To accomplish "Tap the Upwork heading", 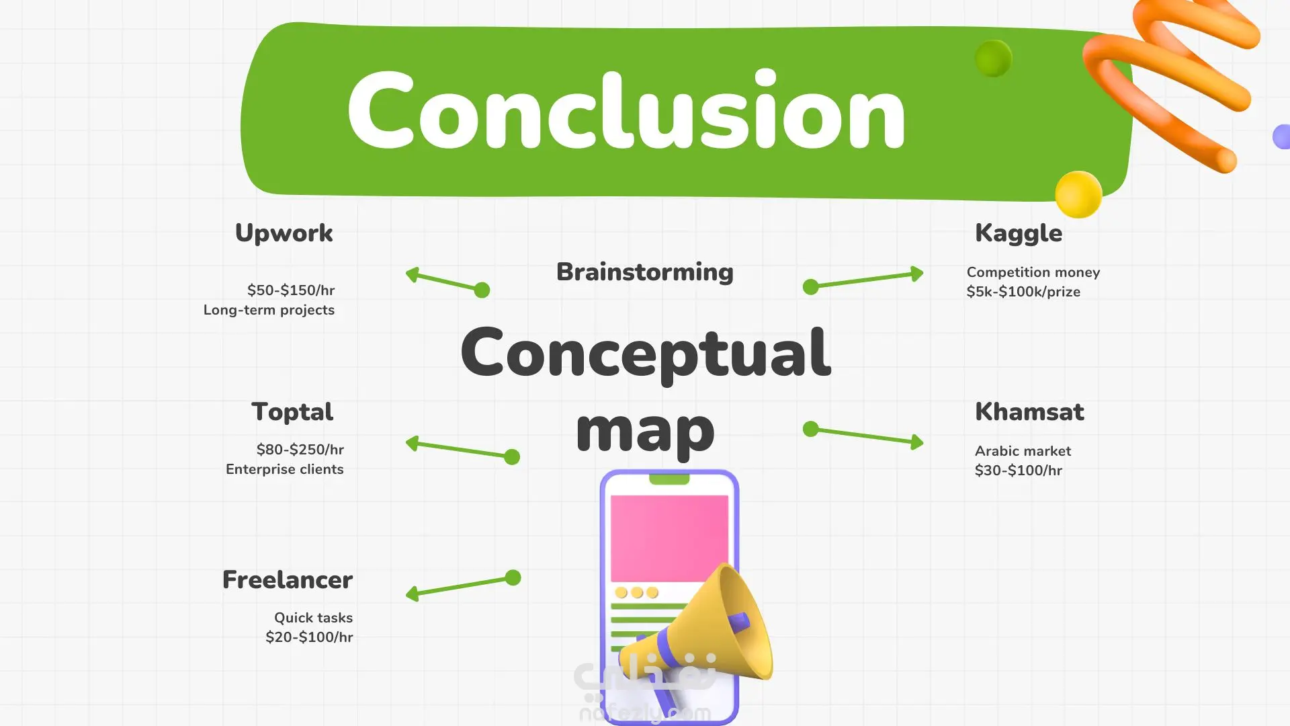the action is pyautogui.click(x=284, y=233).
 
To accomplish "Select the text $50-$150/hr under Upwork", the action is pyautogui.click(x=291, y=290).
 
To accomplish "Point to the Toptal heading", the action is pyautogui.click(x=292, y=412).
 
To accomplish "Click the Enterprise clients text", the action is pyautogui.click(x=285, y=469).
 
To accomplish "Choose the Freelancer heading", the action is pyautogui.click(x=288, y=579).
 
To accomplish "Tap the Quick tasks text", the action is pyautogui.click(x=313, y=618).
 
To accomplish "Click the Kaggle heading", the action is pyautogui.click(x=1019, y=234).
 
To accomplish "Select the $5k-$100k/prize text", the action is pyautogui.click(x=1023, y=292).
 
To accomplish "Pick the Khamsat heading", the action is pyautogui.click(x=1029, y=411).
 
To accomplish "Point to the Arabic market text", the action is pyautogui.click(x=1023, y=451).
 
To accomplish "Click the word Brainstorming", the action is pyautogui.click(x=645, y=272).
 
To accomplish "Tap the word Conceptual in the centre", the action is pyautogui.click(x=646, y=354).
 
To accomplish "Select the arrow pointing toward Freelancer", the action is pyautogui.click(x=464, y=586).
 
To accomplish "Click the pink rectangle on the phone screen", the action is pyautogui.click(x=669, y=538).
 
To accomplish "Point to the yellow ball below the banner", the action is pyautogui.click(x=1078, y=194).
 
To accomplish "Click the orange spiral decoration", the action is pyautogui.click(x=1172, y=81).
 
